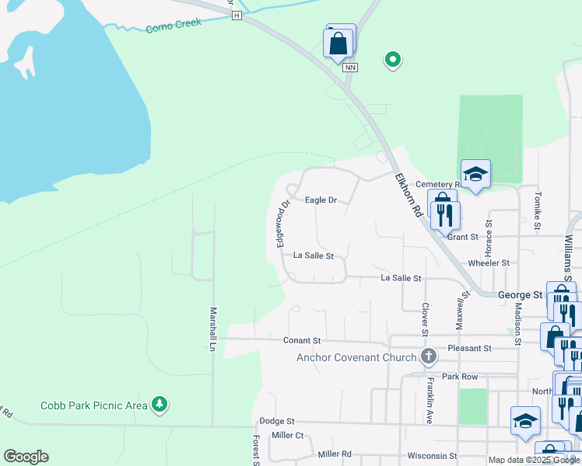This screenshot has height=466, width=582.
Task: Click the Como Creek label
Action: tap(174, 25)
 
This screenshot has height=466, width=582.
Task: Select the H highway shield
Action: tap(237, 15)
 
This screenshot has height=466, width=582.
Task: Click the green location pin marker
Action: tap(393, 59)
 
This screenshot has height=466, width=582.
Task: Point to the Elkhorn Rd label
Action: tap(408, 195)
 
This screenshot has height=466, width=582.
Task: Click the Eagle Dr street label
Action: tap(321, 200)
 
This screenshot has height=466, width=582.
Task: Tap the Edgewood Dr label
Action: tap(281, 223)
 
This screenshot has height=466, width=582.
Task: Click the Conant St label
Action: tap(303, 341)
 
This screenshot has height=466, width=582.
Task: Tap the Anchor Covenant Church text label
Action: tap(356, 358)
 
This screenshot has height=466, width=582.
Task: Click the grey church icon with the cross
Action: tap(427, 357)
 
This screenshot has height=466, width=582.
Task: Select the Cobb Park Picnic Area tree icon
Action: tap(160, 405)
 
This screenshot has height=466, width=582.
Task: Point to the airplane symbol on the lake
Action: tap(25, 62)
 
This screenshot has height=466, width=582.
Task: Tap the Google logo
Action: tap(26, 457)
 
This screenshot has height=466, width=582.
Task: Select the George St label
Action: tap(520, 295)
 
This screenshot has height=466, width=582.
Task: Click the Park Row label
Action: tap(459, 377)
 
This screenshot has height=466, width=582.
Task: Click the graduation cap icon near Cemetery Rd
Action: tap(475, 174)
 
